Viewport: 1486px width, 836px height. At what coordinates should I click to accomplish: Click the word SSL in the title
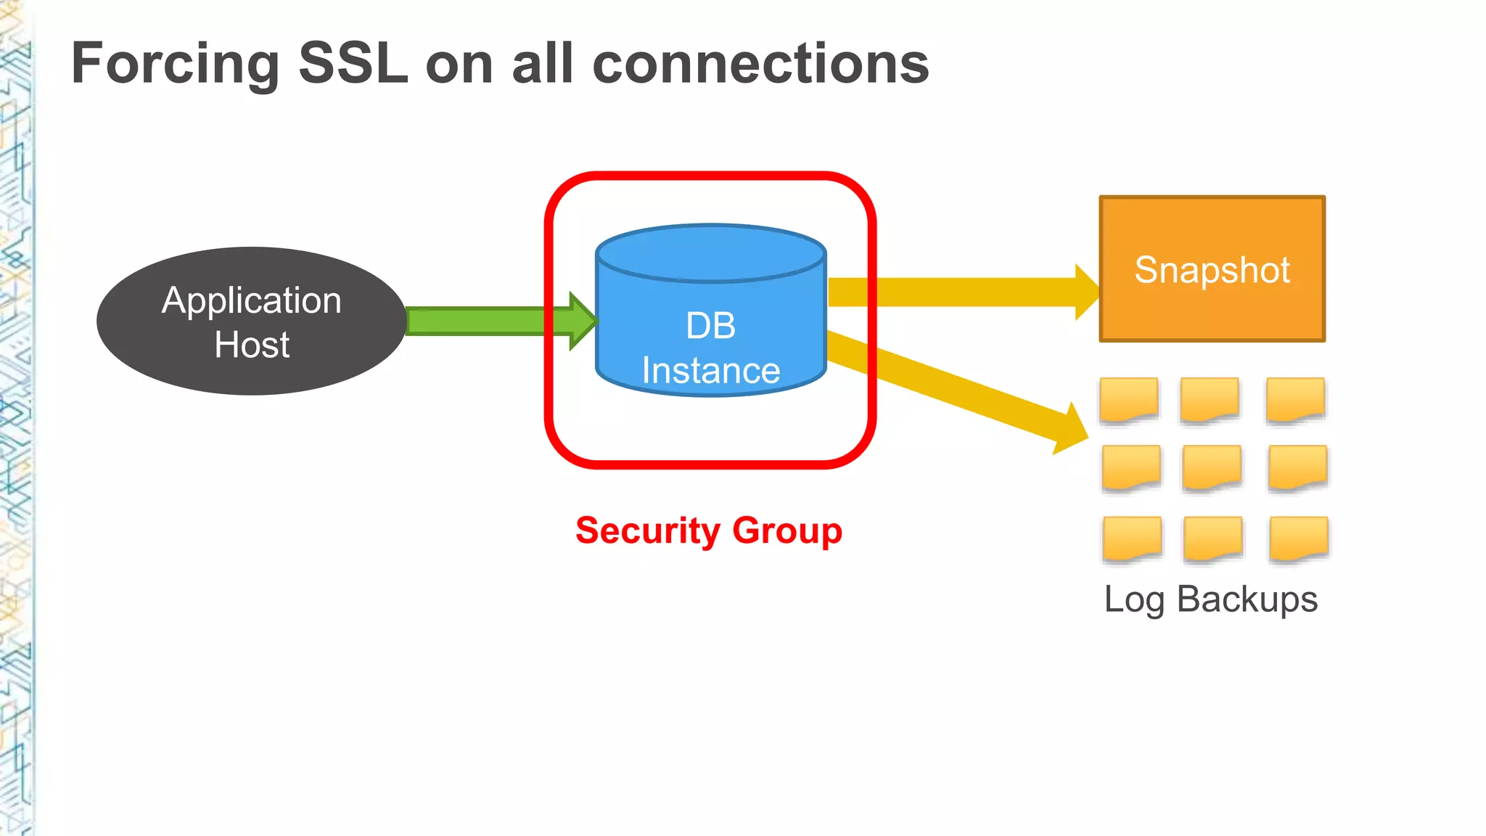(x=353, y=64)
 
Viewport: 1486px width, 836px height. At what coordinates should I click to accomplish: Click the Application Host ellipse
(x=251, y=321)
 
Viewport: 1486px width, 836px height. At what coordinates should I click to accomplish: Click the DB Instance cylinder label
(x=710, y=348)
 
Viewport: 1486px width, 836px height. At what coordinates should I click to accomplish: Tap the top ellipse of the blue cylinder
(x=710, y=252)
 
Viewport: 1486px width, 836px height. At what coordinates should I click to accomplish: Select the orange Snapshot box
(x=1212, y=269)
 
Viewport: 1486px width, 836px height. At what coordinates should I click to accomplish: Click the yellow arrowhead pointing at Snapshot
(x=1085, y=292)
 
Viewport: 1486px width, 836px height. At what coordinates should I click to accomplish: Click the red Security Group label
(x=709, y=530)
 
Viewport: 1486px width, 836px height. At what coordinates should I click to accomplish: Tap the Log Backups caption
(x=1210, y=599)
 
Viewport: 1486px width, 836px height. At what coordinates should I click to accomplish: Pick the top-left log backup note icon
(x=1128, y=399)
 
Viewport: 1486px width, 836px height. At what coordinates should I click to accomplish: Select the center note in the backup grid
(x=1212, y=467)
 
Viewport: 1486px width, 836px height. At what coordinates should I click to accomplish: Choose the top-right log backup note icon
(x=1295, y=399)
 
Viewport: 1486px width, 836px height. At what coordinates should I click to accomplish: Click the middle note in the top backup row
(x=1210, y=399)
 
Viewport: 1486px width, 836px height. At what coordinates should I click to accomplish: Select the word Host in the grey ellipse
(x=252, y=345)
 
